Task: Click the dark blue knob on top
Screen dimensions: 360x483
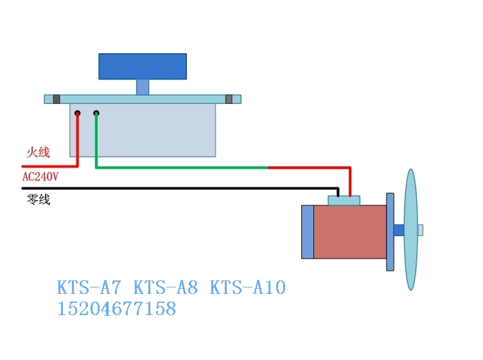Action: click(143, 66)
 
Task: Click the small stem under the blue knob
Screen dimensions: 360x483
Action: click(143, 87)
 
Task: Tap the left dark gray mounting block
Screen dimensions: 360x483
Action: click(57, 99)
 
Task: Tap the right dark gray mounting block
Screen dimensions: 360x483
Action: click(229, 99)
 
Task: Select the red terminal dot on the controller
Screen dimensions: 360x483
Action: click(77, 114)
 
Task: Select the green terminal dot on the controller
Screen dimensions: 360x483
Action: click(96, 114)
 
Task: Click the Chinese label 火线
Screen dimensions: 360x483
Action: click(38, 152)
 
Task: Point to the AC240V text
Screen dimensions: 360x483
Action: click(40, 176)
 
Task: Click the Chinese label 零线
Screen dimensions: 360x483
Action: click(37, 200)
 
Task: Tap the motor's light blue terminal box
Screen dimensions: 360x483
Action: click(344, 200)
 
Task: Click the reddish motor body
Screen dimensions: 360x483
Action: click(350, 232)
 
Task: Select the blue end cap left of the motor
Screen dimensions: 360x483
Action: click(307, 232)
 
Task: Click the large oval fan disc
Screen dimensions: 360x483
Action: click(410, 230)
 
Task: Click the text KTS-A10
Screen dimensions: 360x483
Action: click(247, 287)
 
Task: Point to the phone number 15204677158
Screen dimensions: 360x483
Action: click(116, 309)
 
